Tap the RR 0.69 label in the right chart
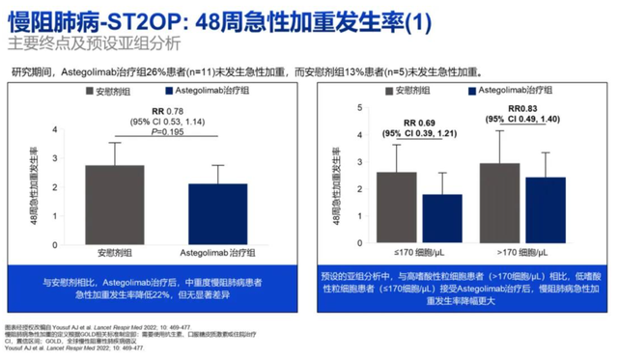(419, 124)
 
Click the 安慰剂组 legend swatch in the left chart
(89, 90)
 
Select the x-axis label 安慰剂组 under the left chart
(115, 249)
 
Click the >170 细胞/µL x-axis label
(522, 250)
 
